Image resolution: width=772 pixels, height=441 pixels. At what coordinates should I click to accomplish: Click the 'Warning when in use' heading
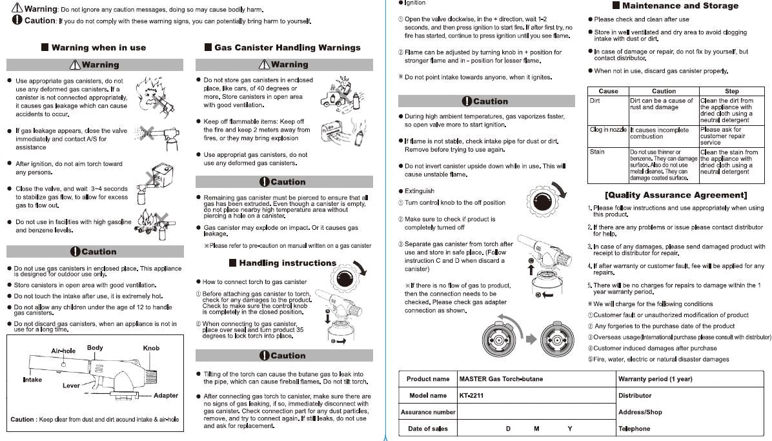click(98, 47)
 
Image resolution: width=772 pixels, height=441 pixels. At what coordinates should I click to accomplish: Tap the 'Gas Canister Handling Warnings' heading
click(287, 47)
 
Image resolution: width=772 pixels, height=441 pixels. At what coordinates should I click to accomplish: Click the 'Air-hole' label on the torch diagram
click(63, 351)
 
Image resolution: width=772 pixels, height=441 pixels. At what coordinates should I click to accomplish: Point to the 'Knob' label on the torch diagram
click(151, 348)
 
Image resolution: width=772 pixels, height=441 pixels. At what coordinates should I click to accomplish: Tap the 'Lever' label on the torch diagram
click(71, 385)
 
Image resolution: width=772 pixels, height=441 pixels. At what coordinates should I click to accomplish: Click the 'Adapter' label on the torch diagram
click(166, 395)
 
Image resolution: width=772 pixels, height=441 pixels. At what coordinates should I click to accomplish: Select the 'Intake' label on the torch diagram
click(32, 380)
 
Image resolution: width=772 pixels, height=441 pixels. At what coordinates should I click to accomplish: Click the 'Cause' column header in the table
click(608, 91)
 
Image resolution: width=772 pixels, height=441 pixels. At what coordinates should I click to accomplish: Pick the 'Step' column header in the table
click(731, 91)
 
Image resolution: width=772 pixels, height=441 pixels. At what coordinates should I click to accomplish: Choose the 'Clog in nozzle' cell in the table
click(608, 130)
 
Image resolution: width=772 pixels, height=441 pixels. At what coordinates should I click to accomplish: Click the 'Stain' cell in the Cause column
click(597, 152)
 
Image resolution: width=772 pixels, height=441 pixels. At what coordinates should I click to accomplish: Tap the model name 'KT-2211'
click(471, 395)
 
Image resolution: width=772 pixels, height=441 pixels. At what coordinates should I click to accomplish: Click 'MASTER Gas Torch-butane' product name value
click(501, 379)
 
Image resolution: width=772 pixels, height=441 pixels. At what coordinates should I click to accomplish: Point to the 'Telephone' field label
click(634, 429)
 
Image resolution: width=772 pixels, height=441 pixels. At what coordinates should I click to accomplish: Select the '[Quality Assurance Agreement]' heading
click(676, 195)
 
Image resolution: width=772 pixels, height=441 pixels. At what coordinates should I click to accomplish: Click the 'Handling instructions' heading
click(287, 263)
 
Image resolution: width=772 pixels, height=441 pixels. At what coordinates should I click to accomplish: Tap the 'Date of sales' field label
click(428, 429)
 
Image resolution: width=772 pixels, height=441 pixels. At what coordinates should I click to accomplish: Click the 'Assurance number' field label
click(428, 412)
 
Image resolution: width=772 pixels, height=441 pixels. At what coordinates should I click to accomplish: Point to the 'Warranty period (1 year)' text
click(655, 379)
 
